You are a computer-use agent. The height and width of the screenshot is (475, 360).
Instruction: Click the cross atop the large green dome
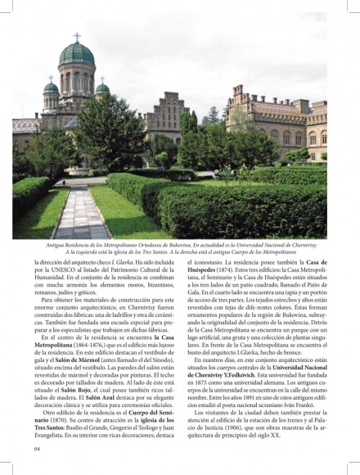pos(77,37)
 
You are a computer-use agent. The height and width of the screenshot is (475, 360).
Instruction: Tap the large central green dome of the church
pos(77,55)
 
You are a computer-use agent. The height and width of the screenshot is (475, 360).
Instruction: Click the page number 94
pos(38,448)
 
